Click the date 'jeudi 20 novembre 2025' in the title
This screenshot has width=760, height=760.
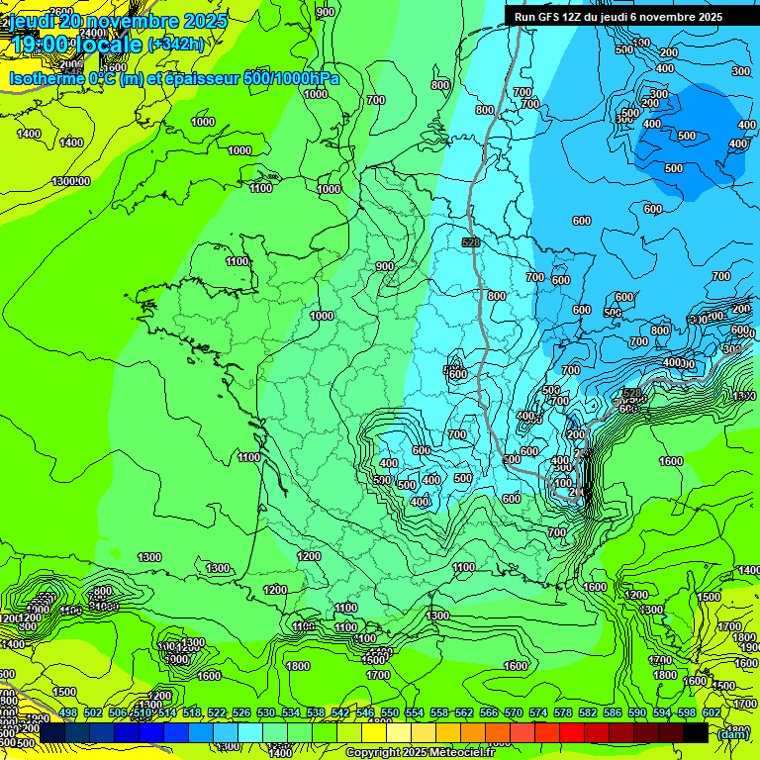point(119,20)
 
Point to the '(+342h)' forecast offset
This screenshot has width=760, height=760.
point(175,45)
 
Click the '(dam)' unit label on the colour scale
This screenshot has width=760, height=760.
point(732,733)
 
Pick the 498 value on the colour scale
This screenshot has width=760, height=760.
point(68,712)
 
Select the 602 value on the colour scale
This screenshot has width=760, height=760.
point(712,712)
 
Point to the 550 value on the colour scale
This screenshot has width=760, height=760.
point(390,712)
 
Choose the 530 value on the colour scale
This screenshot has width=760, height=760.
point(266,712)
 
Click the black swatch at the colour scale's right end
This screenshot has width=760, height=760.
point(696,733)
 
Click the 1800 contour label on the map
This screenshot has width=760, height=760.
point(298,666)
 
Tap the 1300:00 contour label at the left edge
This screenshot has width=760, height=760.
point(71,181)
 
